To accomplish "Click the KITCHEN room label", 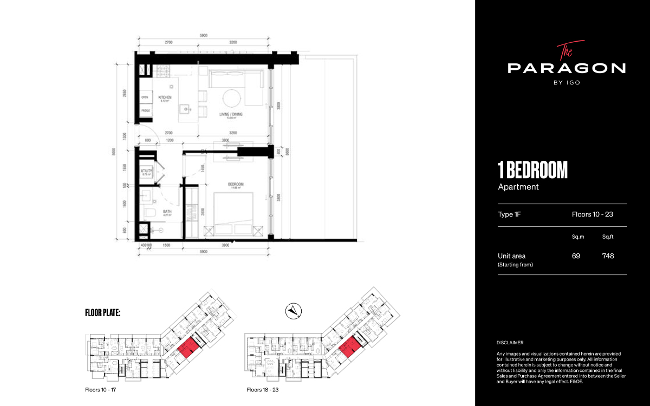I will coord(165,97).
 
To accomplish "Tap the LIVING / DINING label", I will coord(233,114).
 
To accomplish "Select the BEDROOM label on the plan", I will coord(236,184).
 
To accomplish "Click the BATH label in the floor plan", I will coord(167,212).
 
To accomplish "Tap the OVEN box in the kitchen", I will coord(145,97).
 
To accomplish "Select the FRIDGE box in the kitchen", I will coord(146,110).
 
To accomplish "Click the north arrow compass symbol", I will coord(293,311).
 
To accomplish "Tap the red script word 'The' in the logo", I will coord(564,51).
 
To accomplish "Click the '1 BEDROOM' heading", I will coord(532,170).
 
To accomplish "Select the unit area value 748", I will coord(608,256).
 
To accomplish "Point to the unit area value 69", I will coord(576,256).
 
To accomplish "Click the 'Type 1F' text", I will coord(509,214).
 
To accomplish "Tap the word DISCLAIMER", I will coord(510,343).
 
